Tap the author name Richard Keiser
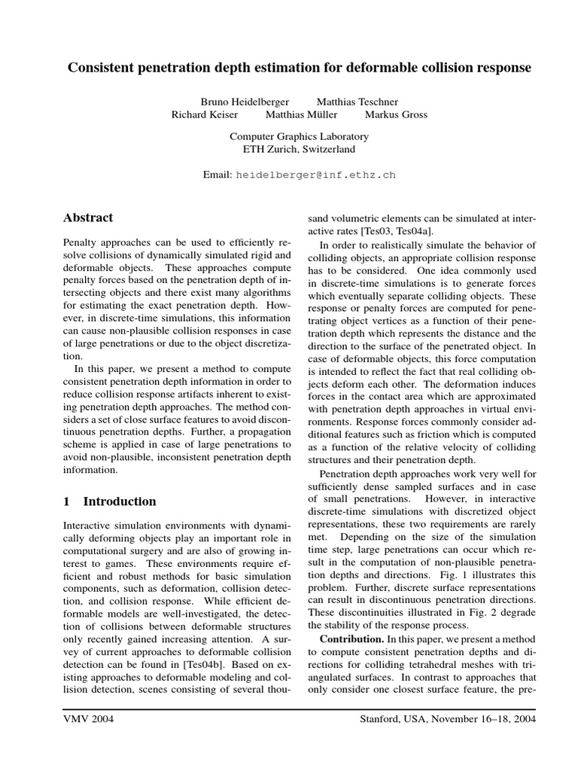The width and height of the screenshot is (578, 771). tap(205, 115)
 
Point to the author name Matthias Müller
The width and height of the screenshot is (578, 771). tap(302, 115)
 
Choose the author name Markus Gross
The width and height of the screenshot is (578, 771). tap(396, 115)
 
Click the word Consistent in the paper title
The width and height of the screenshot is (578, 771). tap(102, 68)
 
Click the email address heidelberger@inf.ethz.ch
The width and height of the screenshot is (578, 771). tap(315, 175)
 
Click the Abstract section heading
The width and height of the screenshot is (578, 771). tap(87, 218)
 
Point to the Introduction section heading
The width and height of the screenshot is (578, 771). tap(120, 501)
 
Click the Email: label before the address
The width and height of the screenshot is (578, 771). tap(218, 175)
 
